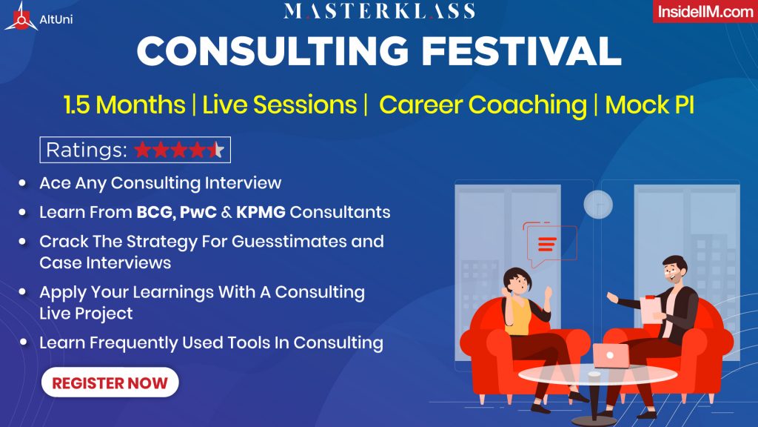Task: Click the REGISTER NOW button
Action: click(x=110, y=383)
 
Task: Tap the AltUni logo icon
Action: click(x=21, y=18)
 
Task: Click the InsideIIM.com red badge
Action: click(x=705, y=11)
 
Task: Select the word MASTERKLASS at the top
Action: click(x=379, y=10)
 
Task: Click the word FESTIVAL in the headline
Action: click(x=521, y=51)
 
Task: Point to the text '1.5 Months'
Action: click(x=124, y=105)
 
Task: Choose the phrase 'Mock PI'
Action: click(x=649, y=105)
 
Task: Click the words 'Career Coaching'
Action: click(x=483, y=105)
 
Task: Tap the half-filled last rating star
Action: click(x=216, y=150)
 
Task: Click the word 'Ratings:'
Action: click(x=87, y=150)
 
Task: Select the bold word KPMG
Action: click(x=261, y=212)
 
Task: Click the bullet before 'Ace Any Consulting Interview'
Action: click(x=22, y=183)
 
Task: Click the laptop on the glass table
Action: click(x=611, y=356)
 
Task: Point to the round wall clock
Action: click(x=598, y=205)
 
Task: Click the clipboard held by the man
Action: click(x=651, y=309)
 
